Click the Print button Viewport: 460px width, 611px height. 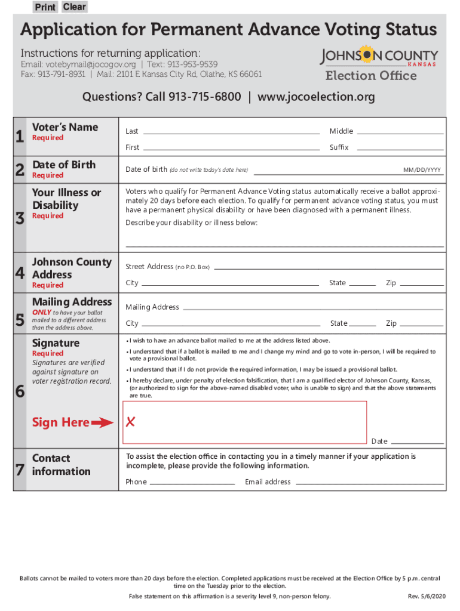pos(45,7)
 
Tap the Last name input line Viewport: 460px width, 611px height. pos(231,131)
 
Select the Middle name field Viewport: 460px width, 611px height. pos(400,131)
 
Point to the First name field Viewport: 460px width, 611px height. pos(231,147)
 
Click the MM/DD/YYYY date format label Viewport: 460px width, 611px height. pos(422,170)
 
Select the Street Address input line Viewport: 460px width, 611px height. pos(329,267)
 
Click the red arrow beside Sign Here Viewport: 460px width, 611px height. pos(103,423)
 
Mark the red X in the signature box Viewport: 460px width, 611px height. pos(130,422)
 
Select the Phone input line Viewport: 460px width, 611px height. pos(192,482)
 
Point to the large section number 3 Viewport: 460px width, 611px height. pos(20,219)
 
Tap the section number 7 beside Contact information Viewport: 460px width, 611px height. pos(20,470)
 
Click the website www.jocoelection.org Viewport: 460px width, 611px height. pos(316,97)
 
